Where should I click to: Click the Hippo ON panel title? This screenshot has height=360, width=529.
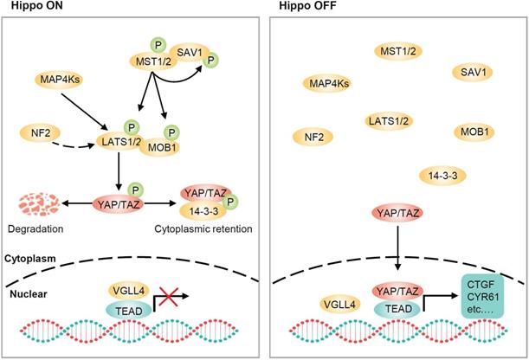(x=36, y=6)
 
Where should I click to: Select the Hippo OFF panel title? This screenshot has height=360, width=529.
(x=307, y=6)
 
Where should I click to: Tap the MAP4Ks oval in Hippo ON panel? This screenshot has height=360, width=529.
(x=59, y=80)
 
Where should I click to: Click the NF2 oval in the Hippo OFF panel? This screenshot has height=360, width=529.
(x=313, y=137)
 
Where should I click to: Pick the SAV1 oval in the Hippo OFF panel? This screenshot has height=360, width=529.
(x=473, y=72)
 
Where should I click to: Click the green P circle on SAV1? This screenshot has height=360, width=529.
(x=211, y=61)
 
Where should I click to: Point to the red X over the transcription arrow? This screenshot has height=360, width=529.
(x=168, y=297)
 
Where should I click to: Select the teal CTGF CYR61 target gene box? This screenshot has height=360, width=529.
(x=482, y=297)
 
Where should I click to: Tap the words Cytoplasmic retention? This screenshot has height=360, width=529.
(x=203, y=228)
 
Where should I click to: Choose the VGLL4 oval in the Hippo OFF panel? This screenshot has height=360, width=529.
(x=339, y=305)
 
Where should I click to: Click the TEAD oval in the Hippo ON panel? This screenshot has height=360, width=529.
(x=129, y=311)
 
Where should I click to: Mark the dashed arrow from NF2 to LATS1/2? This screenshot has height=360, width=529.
(x=73, y=145)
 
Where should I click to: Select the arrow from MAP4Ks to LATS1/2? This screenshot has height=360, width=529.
(x=84, y=112)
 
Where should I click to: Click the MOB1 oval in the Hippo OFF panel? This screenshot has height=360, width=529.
(x=474, y=132)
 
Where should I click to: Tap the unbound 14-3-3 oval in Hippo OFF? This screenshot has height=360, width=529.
(x=442, y=176)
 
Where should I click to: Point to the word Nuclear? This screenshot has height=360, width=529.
(x=29, y=294)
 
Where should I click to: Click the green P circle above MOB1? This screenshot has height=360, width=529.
(x=171, y=132)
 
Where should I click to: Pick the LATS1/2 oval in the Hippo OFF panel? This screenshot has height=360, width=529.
(x=389, y=120)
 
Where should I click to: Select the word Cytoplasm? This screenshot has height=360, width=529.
(x=30, y=259)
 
